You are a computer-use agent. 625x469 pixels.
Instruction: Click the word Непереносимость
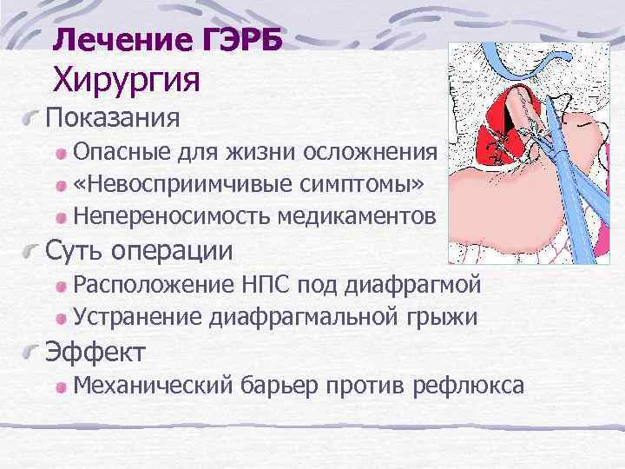click(173, 215)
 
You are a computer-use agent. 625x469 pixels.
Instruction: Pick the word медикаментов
click(358, 215)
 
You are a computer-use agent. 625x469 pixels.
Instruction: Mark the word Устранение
click(138, 316)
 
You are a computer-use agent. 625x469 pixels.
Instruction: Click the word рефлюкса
click(470, 384)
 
